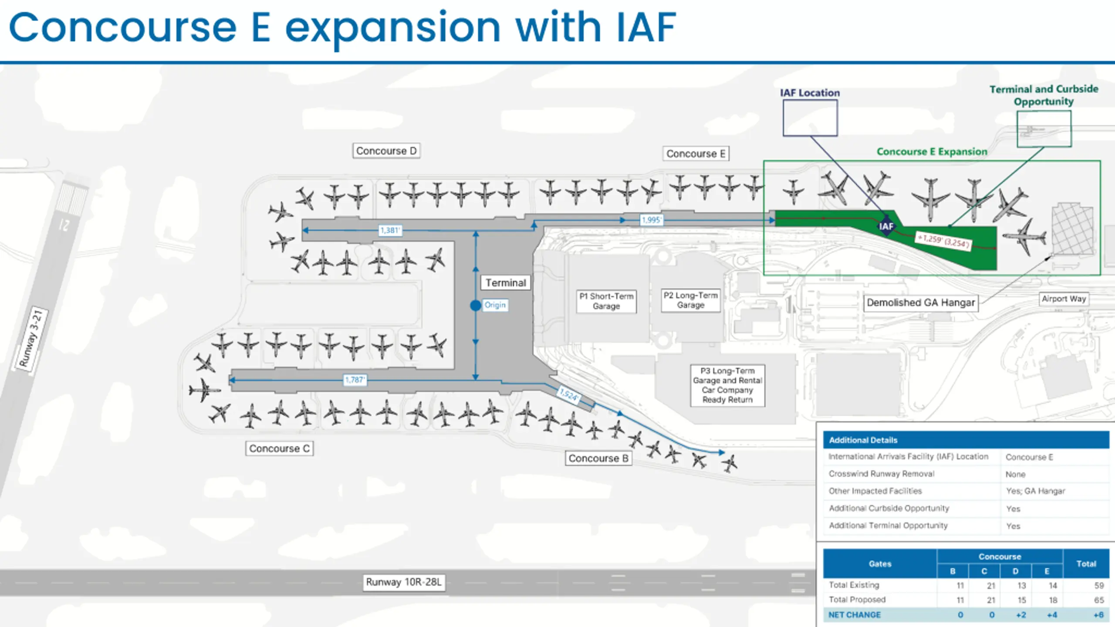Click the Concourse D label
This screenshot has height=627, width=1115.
tap(386, 151)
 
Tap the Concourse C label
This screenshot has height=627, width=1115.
tap(279, 448)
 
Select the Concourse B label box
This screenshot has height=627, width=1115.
tap(598, 458)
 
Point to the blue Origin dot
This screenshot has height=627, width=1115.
tap(476, 305)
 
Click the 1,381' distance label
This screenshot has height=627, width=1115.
tap(390, 230)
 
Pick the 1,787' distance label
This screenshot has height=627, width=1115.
tap(355, 380)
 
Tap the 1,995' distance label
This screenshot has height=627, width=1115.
tap(652, 220)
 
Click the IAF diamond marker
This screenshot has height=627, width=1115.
tap(886, 226)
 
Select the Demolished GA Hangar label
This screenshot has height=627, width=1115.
tap(921, 303)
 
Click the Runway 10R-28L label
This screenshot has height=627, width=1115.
tap(404, 582)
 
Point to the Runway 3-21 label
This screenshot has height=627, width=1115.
tap(31, 338)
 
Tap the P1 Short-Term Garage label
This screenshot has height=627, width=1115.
tap(606, 301)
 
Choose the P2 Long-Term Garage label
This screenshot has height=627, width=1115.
tap(690, 300)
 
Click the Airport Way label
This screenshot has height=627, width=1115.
tap(1064, 299)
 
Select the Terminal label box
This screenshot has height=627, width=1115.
tap(506, 283)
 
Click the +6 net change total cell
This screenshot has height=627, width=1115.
tap(1098, 615)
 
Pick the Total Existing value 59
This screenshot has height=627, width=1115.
tap(1099, 586)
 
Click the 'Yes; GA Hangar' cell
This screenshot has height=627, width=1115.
tap(1035, 491)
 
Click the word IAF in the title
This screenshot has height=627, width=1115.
tap(646, 28)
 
